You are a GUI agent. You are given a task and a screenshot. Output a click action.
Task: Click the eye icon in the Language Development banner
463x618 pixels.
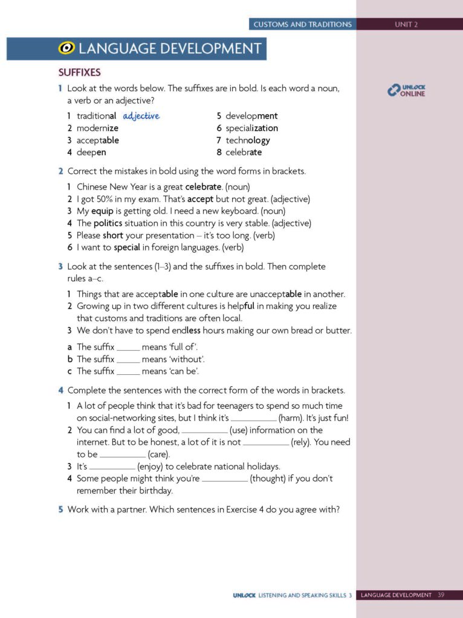tap(66, 49)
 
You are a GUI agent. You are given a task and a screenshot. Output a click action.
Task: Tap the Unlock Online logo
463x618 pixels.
tap(406, 91)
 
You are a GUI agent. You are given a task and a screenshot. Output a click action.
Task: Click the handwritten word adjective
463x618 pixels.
tap(141, 116)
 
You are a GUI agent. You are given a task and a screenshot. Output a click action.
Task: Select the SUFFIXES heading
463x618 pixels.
tap(79, 72)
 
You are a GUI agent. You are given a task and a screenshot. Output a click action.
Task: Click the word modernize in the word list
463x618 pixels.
tap(97, 128)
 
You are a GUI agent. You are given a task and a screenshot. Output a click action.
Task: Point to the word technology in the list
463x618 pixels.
tap(248, 140)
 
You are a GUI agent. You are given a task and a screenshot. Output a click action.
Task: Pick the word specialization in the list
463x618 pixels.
tap(251, 128)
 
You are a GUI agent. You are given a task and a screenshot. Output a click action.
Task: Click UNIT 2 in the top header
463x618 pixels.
tap(406, 25)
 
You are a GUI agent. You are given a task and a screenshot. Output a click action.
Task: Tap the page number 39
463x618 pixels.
tap(441, 595)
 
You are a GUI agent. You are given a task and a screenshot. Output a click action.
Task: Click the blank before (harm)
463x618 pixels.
tap(253, 418)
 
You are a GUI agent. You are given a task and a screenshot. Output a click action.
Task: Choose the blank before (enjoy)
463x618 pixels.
tap(112, 467)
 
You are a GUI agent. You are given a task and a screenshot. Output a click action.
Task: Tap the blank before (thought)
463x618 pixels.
tap(224, 479)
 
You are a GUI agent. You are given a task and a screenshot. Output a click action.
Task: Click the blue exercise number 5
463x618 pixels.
tap(60, 509)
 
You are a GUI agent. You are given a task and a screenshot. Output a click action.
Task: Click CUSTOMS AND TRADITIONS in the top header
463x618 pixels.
tap(302, 25)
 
